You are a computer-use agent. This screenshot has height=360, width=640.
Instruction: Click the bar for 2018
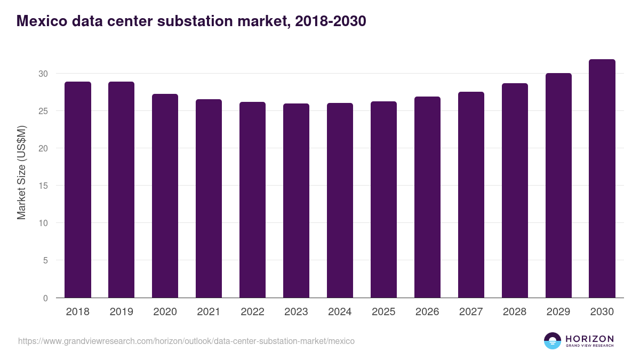tap(78, 190)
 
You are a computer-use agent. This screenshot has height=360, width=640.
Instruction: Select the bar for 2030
tap(602, 179)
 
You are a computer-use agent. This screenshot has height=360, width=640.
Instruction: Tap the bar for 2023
tap(296, 201)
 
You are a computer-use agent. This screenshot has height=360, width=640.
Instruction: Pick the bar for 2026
tap(427, 197)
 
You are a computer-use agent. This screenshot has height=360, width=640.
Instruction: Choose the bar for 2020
tap(165, 196)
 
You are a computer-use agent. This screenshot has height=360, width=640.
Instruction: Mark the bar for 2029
tap(558, 186)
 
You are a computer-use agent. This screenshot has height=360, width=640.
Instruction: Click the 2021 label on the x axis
tap(209, 312)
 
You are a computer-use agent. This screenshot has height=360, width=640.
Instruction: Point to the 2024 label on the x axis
tap(340, 312)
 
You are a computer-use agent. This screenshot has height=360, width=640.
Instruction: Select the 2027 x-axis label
tap(471, 312)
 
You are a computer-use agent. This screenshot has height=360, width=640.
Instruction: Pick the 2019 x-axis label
tap(121, 312)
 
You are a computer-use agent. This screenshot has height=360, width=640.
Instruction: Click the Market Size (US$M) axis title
tap(21, 172)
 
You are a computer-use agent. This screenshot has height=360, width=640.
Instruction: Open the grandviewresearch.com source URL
tap(186, 341)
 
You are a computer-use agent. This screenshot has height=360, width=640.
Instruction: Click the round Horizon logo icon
tap(553, 341)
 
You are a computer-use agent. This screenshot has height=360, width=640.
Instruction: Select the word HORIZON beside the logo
tap(589, 339)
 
